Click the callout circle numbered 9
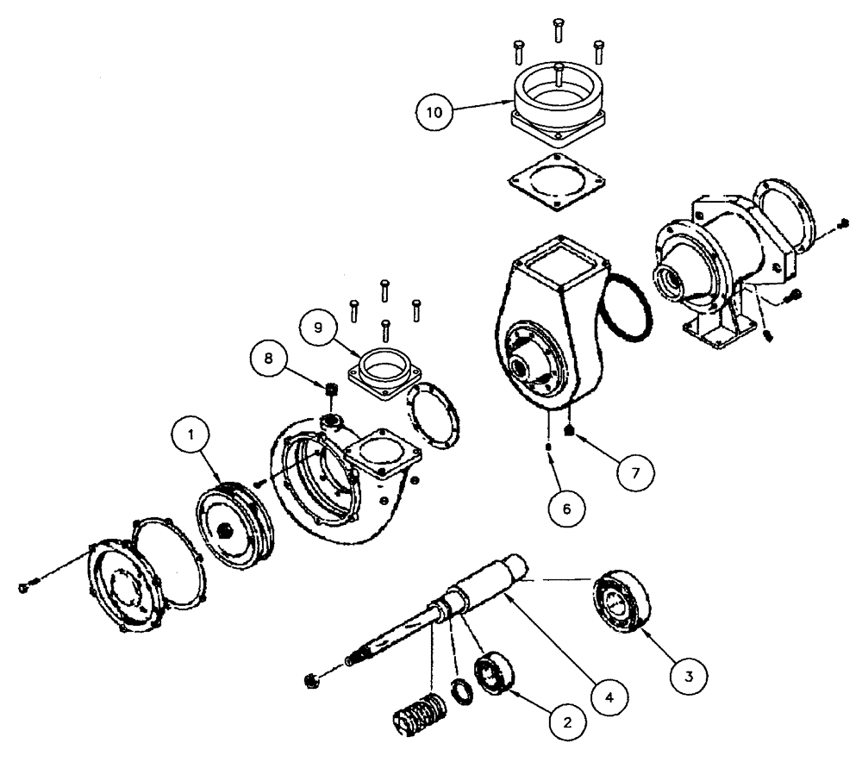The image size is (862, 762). click(320, 329)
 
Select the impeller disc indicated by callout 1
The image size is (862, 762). click(231, 530)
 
